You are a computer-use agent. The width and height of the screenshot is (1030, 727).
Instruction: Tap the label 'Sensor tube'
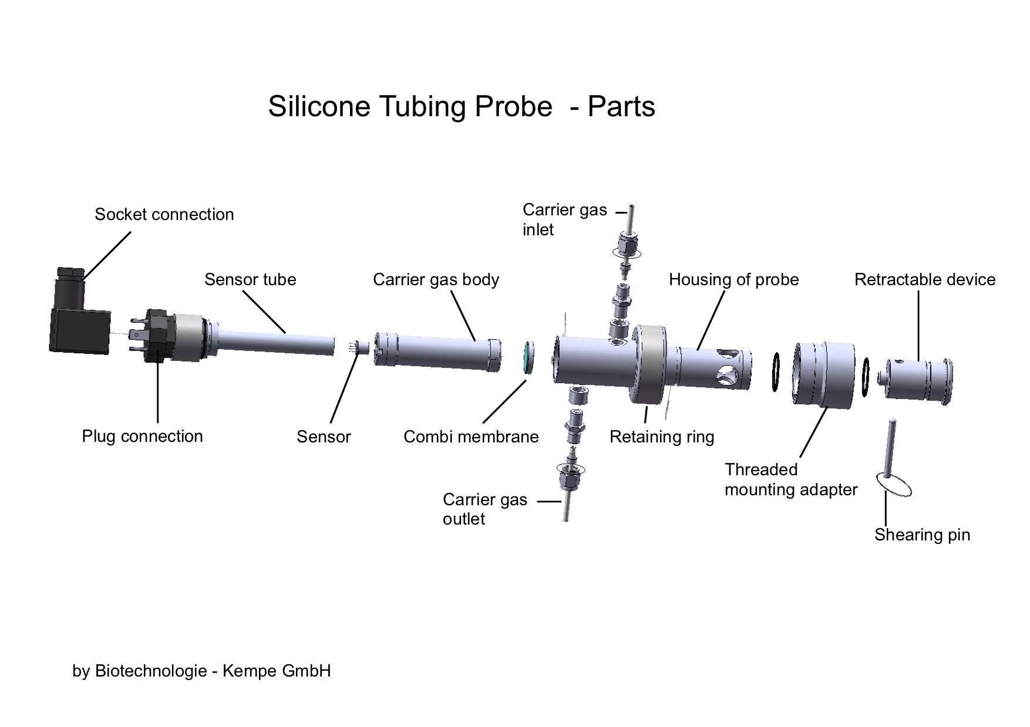coord(250,279)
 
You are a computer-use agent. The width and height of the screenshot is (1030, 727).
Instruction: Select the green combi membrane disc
coord(527,357)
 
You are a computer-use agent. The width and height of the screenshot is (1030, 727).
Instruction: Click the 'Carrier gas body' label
coord(436,279)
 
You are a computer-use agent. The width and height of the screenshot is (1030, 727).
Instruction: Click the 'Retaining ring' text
coord(662,437)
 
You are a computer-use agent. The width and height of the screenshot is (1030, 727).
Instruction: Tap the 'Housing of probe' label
coord(734,279)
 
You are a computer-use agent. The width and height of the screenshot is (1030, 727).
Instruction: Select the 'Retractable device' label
coord(925,279)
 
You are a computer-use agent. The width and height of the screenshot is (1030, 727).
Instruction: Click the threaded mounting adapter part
coord(823,374)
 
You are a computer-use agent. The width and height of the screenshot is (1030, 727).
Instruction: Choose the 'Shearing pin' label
coord(922,535)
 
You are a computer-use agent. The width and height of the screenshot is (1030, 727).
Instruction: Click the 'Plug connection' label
coord(142,436)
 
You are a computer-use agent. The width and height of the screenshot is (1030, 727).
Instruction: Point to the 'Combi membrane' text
coord(471,437)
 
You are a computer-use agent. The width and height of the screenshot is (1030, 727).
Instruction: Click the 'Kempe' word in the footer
coord(250,670)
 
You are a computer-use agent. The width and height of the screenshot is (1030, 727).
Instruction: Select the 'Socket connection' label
coord(164,214)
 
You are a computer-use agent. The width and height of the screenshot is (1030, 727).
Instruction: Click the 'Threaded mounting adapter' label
coord(791,479)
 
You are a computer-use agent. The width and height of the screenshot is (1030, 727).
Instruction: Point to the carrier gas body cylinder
coord(438,352)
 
